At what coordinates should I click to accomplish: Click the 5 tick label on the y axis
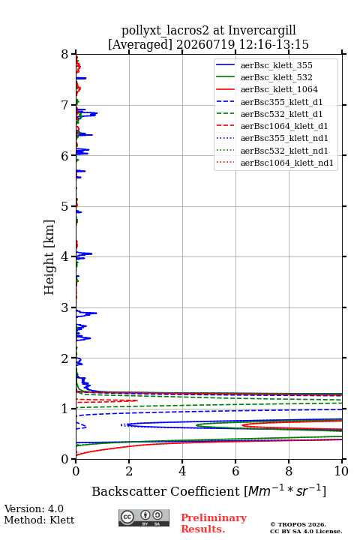point(65,207)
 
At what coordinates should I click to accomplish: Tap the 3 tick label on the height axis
point(65,307)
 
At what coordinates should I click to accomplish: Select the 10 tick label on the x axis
point(341,471)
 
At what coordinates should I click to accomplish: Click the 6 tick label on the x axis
point(235,471)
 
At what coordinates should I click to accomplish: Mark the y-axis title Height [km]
point(49,257)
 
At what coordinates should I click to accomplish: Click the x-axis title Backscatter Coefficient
point(166,491)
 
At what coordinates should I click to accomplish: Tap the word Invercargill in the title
point(262,31)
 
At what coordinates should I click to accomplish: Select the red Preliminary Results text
point(214,523)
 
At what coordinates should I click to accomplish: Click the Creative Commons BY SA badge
point(144,518)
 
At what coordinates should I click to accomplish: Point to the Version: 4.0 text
point(34,508)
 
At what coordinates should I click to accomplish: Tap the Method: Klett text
point(39,520)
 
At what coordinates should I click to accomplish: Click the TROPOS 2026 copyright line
point(298,524)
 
